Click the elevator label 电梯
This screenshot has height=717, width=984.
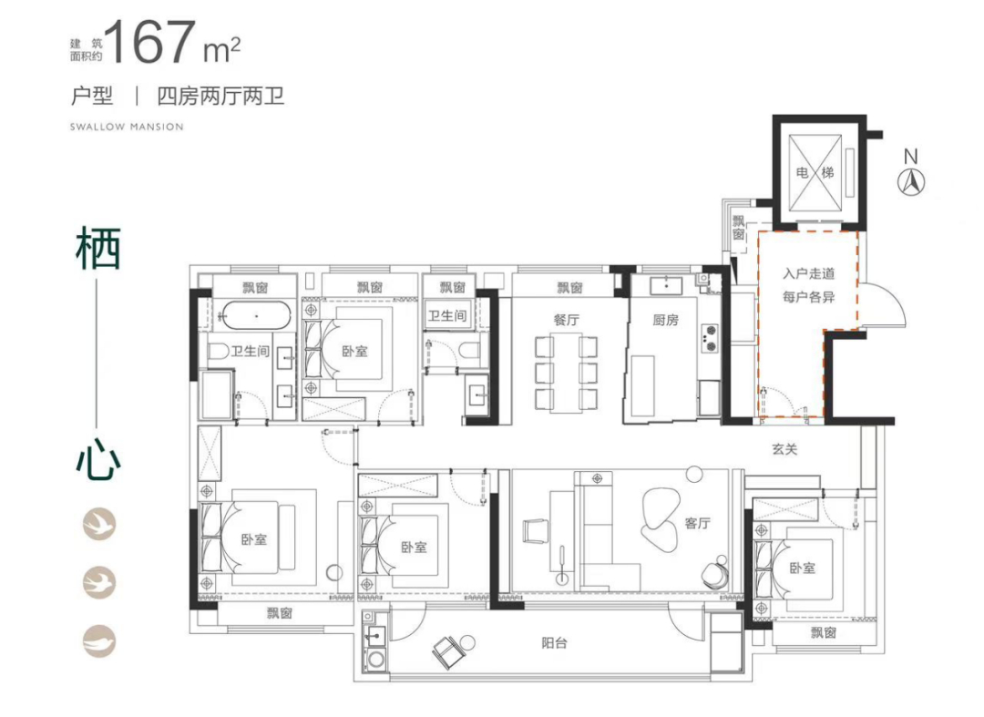pos(815,172)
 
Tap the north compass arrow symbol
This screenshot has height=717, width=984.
pos(911,182)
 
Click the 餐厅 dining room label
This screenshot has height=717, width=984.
pos(566,320)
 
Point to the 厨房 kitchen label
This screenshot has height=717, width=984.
pos(665,321)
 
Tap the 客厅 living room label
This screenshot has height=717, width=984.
pos(697,523)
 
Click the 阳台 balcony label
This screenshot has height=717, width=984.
pos(554,643)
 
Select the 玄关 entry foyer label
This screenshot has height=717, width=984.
pos(784,449)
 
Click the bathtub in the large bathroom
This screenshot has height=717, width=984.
pos(256,316)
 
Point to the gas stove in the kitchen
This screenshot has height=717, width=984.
pos(710,337)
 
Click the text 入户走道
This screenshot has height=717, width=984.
pos(809,273)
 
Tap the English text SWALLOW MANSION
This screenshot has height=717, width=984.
pos(127,127)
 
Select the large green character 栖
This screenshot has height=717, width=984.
pos(97,248)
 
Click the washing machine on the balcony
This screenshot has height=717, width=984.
pos(376,659)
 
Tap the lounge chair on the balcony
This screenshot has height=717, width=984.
pos(446,650)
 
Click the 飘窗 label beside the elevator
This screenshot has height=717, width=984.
pos(739,228)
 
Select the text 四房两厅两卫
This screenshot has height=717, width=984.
pos(220,96)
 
